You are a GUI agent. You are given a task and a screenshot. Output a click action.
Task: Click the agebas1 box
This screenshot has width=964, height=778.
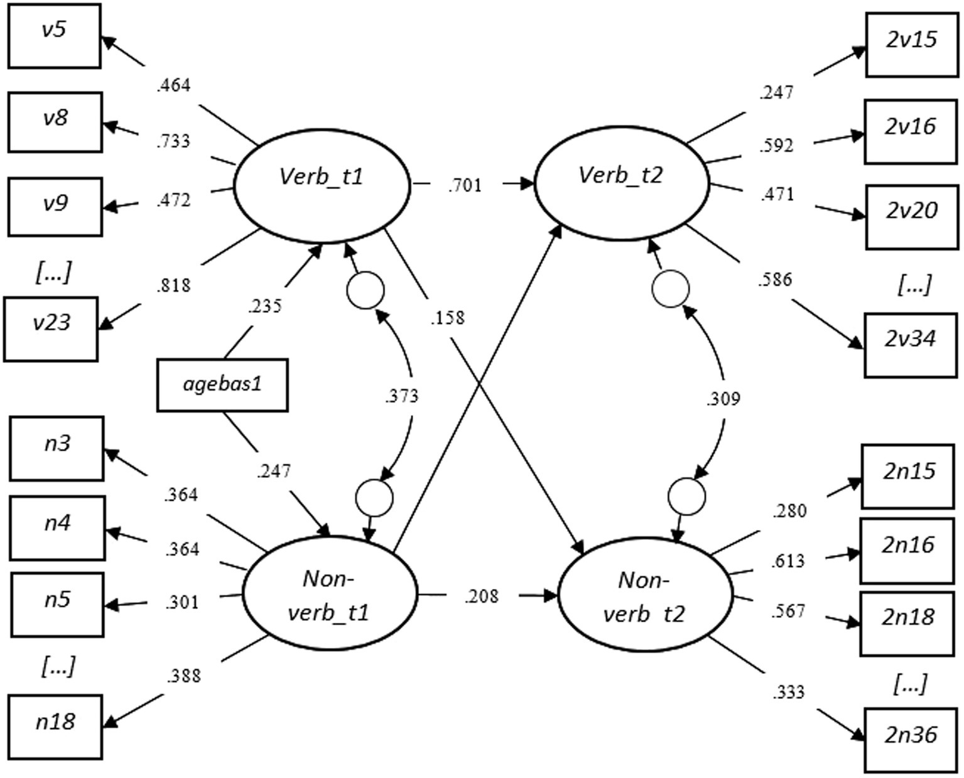pos(222,384)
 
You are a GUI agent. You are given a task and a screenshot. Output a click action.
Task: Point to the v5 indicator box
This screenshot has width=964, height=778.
pos(54,36)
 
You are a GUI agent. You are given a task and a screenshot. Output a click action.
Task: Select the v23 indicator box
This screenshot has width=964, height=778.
pos(51,329)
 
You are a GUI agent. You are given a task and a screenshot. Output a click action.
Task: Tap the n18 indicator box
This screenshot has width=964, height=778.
pos(55,727)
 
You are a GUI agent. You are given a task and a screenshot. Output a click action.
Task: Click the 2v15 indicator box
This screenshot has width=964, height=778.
pos(911,44)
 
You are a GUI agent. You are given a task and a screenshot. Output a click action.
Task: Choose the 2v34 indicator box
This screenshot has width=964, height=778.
pos(910,344)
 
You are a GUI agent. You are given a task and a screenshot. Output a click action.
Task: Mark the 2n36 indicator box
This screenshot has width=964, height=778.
pos(910,740)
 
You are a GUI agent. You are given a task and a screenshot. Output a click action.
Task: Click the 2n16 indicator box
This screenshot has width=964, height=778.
pos(907,550)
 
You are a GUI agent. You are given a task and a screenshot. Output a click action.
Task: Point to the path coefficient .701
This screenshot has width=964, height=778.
pos(465,185)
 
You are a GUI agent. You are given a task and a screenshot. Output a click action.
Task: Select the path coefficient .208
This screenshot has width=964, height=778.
pos(482,596)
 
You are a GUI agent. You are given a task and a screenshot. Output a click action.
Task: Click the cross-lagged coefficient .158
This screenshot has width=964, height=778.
pos(447,318)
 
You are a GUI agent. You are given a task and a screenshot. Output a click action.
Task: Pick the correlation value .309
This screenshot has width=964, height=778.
pos(723,399)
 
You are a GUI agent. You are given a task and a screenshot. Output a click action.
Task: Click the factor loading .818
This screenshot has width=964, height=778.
pos(173,285)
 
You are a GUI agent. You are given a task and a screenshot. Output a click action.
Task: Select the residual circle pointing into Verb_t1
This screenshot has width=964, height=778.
pos(365,291)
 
